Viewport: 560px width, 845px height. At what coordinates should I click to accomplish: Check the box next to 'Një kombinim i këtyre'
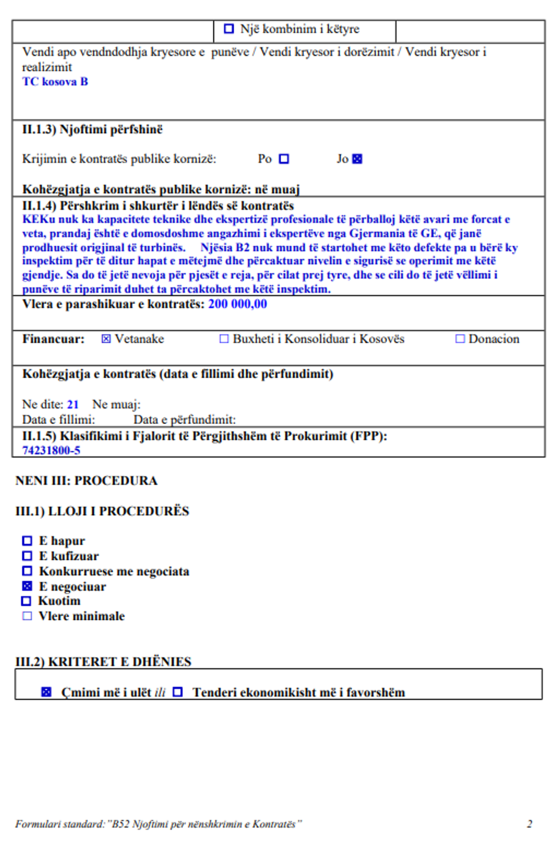(229, 29)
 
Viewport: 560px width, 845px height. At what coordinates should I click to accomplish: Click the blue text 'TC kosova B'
(55, 82)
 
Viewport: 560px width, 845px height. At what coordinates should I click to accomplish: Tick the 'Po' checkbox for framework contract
(284, 159)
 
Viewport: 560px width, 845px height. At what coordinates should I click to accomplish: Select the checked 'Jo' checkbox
(357, 159)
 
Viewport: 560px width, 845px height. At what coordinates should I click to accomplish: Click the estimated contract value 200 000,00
(237, 304)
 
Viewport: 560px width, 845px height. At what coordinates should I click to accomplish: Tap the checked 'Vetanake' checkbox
(106, 339)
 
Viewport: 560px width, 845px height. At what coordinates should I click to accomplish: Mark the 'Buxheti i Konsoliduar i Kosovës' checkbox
(224, 339)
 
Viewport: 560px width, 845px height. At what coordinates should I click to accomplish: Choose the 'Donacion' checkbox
(459, 339)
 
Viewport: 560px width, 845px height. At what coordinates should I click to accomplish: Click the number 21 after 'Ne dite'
(73, 405)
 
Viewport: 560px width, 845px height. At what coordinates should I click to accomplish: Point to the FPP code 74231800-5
(51, 450)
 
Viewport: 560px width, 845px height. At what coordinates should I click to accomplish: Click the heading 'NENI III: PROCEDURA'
(86, 480)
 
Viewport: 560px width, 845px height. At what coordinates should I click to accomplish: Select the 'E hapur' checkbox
(27, 540)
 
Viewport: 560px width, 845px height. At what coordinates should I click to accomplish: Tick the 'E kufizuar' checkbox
(27, 556)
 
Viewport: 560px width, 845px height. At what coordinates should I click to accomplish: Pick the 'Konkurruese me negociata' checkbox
(27, 571)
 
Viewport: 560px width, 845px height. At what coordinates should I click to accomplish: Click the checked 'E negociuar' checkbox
(27, 586)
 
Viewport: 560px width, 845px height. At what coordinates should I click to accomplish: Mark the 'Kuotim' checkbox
(26, 601)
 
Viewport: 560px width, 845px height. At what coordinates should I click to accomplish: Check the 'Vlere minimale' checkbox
(27, 616)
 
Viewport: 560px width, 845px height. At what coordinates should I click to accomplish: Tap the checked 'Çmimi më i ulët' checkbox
(46, 692)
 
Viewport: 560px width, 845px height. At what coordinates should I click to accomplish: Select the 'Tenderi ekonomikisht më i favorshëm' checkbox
(178, 692)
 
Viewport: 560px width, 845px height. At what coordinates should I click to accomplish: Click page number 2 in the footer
(530, 824)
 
